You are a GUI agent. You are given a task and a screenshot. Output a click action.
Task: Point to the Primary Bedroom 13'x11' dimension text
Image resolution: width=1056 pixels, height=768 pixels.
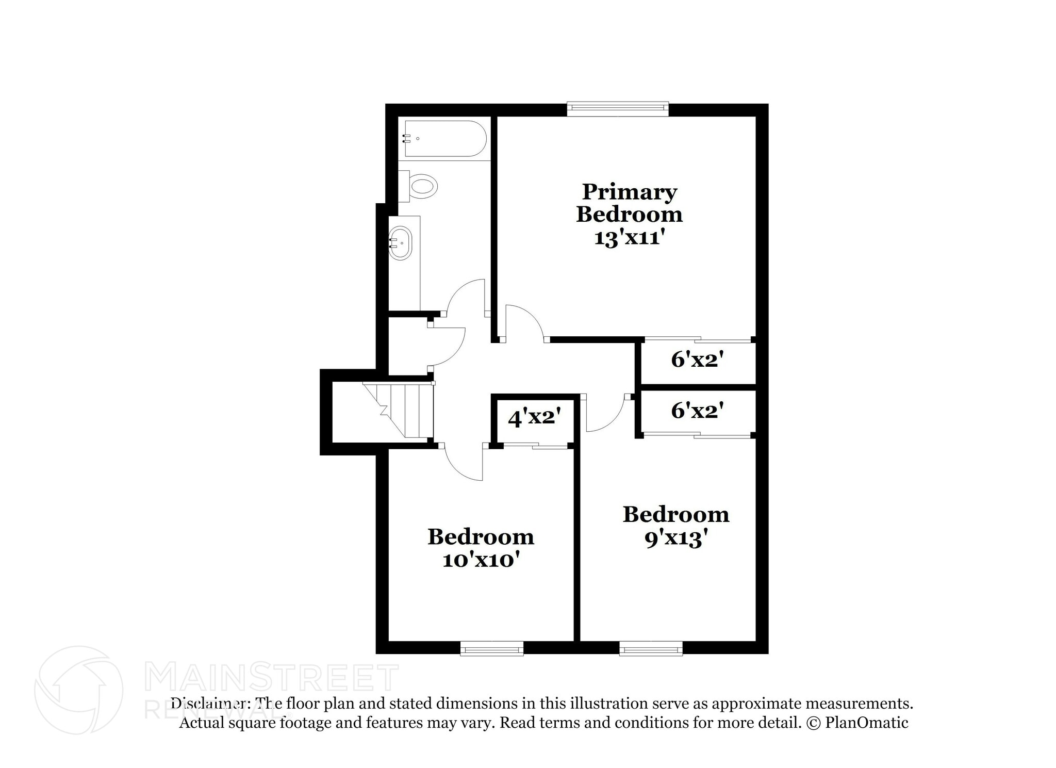click(x=628, y=238)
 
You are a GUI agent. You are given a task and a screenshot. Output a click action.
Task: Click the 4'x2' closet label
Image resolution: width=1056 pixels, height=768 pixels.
click(x=534, y=417)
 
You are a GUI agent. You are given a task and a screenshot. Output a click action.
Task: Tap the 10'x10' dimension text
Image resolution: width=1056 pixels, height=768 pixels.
click(x=480, y=560)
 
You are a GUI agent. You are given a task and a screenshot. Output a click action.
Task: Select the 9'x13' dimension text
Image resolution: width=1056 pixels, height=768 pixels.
click(x=675, y=539)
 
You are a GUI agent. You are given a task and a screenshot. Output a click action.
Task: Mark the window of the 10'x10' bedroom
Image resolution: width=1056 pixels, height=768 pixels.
click(x=491, y=648)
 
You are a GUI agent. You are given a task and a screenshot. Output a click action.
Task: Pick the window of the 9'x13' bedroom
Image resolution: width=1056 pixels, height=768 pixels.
click(x=651, y=648)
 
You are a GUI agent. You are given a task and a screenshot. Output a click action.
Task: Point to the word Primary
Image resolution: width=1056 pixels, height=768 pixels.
click(x=629, y=192)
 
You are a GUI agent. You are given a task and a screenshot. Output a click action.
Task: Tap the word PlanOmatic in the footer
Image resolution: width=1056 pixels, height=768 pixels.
click(x=866, y=722)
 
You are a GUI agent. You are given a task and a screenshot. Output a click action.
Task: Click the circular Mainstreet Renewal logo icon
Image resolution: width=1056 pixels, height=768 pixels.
click(x=78, y=690)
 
